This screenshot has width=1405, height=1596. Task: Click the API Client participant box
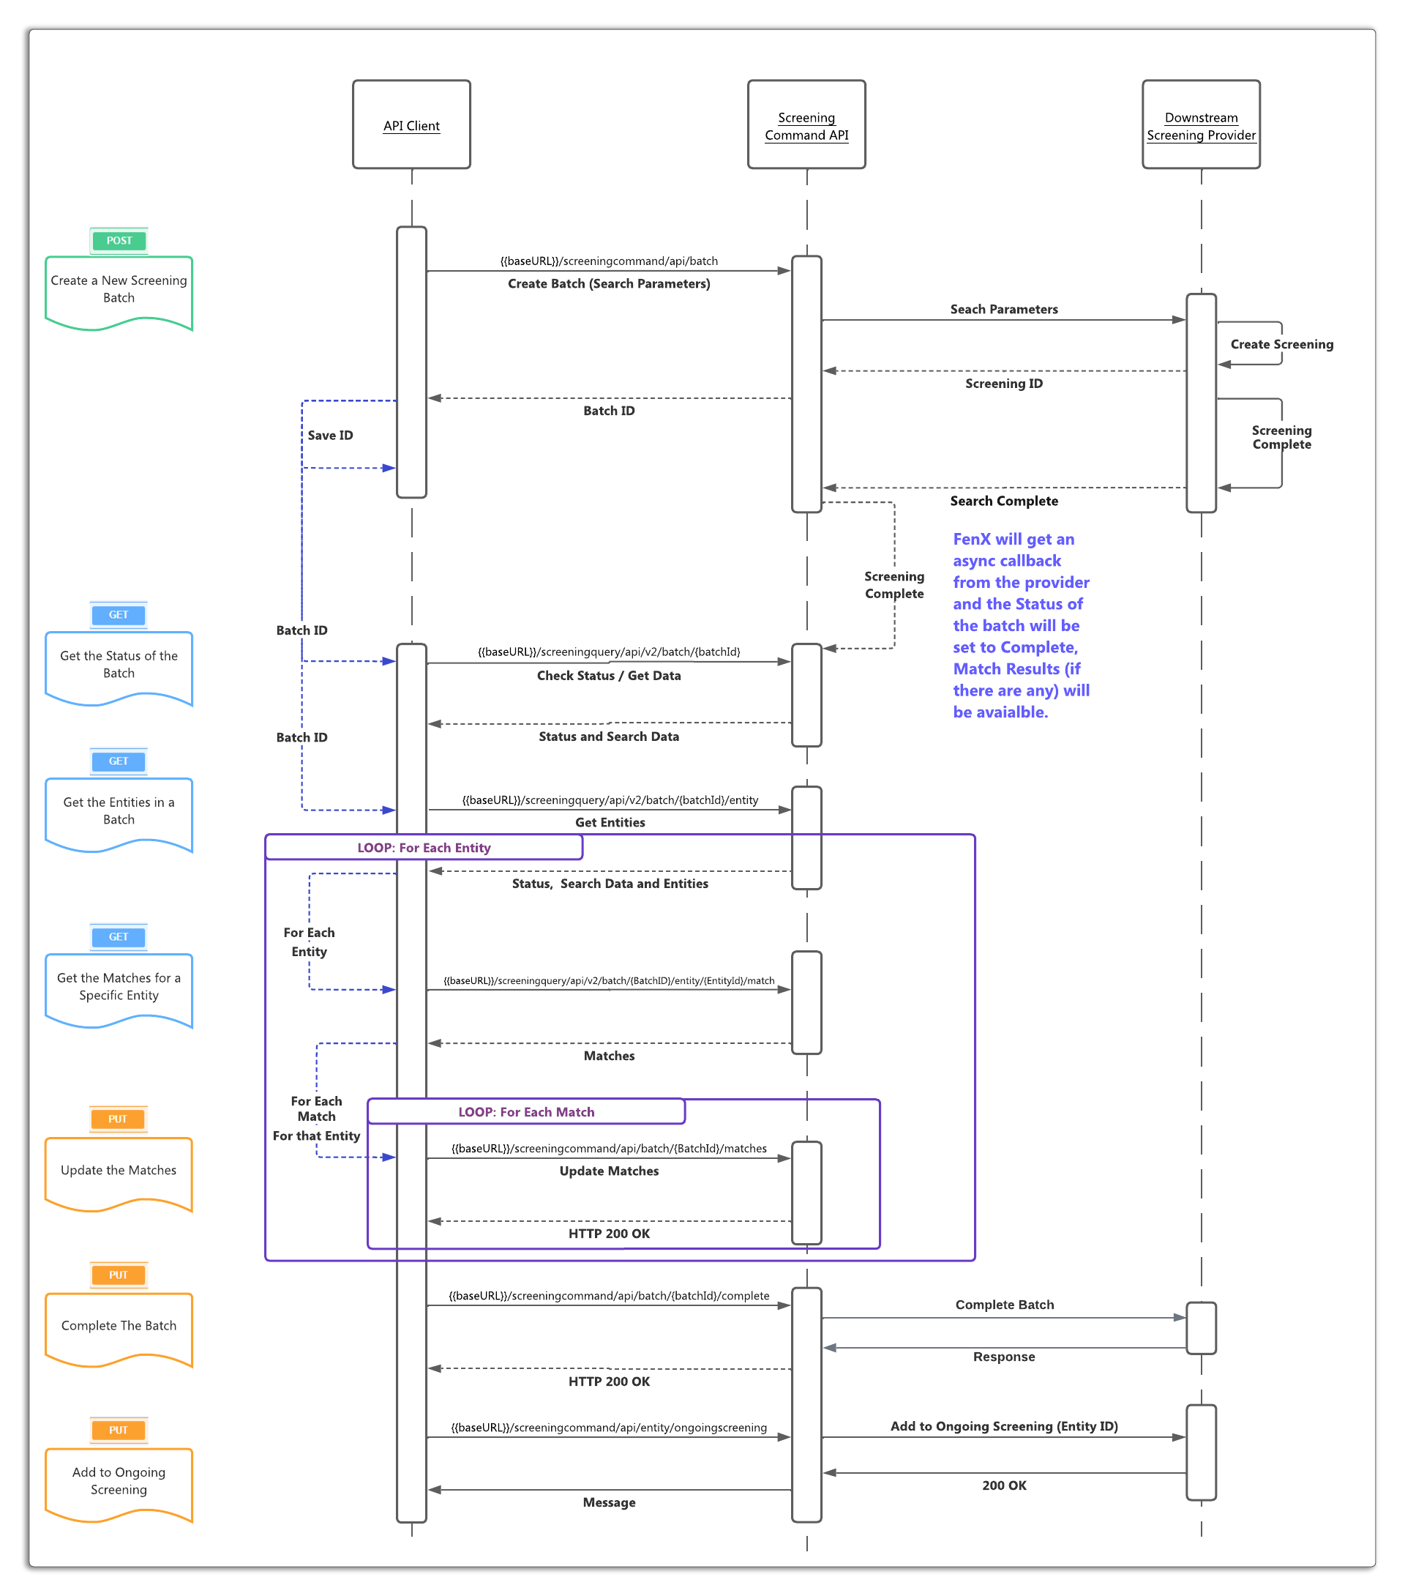click(x=411, y=124)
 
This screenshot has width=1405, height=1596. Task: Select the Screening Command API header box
click(x=806, y=125)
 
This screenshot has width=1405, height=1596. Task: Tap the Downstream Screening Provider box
click(x=1201, y=125)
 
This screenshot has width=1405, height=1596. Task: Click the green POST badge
click(x=119, y=240)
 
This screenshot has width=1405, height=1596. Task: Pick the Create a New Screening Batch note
click(x=119, y=290)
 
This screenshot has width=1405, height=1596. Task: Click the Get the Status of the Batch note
click(x=119, y=665)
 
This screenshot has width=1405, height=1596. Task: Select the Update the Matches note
click(x=119, y=1171)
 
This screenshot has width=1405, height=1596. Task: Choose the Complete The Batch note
click(x=119, y=1326)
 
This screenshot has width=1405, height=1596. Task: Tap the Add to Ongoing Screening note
click(x=119, y=1481)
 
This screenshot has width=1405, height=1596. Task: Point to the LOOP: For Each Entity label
click(x=424, y=848)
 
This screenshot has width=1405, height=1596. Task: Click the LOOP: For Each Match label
click(x=526, y=1112)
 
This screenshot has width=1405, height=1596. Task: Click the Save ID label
click(x=330, y=436)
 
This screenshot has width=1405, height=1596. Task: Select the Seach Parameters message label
click(x=1004, y=309)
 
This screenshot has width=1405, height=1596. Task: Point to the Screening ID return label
click(x=1004, y=384)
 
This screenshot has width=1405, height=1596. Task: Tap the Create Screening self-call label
click(x=1281, y=344)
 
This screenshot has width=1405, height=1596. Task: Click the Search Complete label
click(x=1004, y=501)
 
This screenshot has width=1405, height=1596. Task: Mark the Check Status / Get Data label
click(x=609, y=676)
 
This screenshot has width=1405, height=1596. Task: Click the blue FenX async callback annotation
click(x=1020, y=625)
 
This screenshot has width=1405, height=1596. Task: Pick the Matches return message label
click(x=609, y=1056)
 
